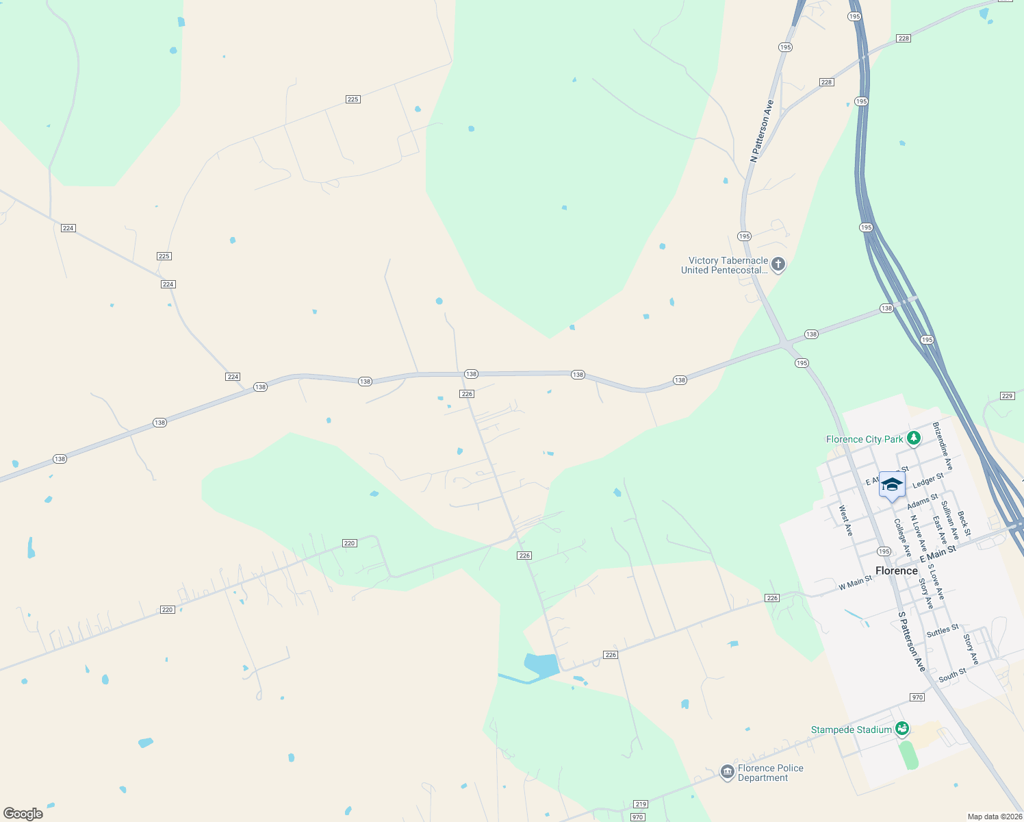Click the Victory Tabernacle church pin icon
point(778,264)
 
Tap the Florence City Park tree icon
point(913,438)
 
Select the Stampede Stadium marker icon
point(902,728)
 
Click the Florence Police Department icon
point(727,773)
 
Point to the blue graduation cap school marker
point(892,485)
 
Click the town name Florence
point(896,571)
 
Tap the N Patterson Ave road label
point(762,131)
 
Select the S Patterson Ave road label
point(912,642)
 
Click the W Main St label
point(855,583)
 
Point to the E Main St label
point(938,554)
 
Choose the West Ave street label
point(845,521)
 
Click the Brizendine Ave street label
point(943,446)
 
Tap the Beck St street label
point(964,523)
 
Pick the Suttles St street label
point(943,631)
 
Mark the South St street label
point(952,675)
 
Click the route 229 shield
point(1007,396)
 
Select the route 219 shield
point(640,804)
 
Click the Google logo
point(23,814)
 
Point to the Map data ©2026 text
point(995,817)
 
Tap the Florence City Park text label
point(865,440)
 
